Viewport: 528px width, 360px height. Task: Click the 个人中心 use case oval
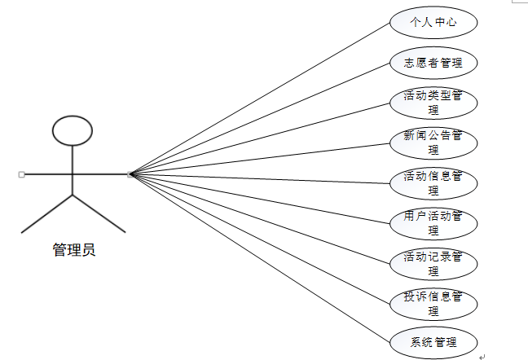pyautogui.click(x=433, y=22)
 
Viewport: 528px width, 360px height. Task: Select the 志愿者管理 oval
pyautogui.click(x=433, y=62)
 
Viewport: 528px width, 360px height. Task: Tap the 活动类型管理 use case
pyautogui.click(x=433, y=103)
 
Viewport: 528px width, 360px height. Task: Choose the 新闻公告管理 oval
pyautogui.click(x=433, y=143)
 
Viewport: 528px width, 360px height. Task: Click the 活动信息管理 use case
pyautogui.click(x=433, y=182)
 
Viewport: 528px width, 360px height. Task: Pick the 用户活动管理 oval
pyautogui.click(x=433, y=222)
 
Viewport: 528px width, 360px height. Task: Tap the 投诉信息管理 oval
pyautogui.click(x=433, y=302)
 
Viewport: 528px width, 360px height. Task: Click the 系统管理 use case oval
pyautogui.click(x=433, y=341)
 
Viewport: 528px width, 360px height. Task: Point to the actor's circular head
pyautogui.click(x=73, y=130)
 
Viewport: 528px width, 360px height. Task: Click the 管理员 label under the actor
pyautogui.click(x=74, y=250)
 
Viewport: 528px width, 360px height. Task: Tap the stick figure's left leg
pyautogui.click(x=47, y=213)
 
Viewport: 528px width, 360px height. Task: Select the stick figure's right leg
pyautogui.click(x=99, y=213)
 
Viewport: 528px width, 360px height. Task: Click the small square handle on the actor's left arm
pyautogui.click(x=21, y=174)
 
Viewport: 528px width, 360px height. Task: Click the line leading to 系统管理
pyautogui.click(x=261, y=257)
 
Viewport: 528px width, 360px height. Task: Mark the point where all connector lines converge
pyautogui.click(x=130, y=174)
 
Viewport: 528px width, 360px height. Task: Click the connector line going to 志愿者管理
pyautogui.click(x=261, y=118)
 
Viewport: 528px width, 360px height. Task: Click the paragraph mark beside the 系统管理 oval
pyautogui.click(x=482, y=355)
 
